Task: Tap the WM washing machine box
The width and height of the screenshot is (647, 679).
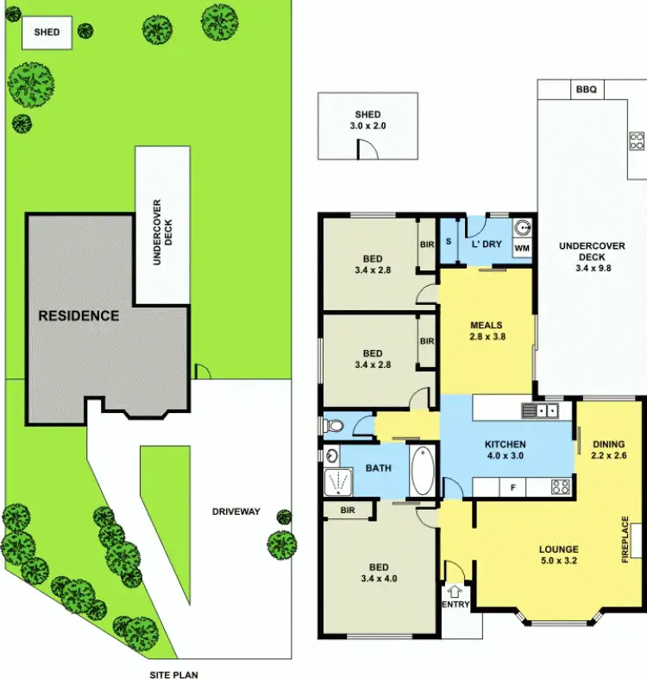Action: (522, 249)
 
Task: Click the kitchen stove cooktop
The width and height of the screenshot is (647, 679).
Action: (560, 487)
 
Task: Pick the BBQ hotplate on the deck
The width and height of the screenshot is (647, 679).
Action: (637, 141)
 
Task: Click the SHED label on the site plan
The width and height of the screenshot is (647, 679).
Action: (47, 33)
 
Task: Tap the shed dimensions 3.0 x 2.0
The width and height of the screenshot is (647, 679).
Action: (367, 126)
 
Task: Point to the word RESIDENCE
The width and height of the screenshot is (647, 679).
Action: (79, 316)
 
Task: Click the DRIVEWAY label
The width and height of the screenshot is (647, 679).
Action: (236, 511)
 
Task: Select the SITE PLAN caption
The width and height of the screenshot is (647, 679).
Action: (174, 675)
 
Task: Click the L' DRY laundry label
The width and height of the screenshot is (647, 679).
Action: (487, 244)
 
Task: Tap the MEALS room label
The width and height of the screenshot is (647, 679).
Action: (486, 326)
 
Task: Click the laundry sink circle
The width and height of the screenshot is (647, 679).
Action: (522, 229)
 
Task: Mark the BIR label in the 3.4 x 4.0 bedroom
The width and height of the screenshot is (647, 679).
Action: (348, 511)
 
